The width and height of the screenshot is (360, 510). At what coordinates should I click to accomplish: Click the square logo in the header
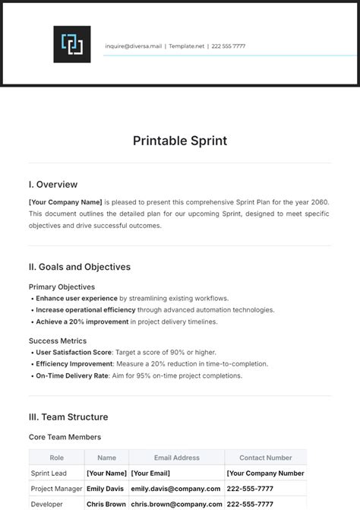click(x=72, y=44)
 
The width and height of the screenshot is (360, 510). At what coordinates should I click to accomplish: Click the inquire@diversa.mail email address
click(x=134, y=46)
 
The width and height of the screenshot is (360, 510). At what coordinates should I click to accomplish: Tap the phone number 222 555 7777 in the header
click(x=229, y=46)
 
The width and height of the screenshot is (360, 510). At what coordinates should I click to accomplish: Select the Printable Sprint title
click(x=180, y=141)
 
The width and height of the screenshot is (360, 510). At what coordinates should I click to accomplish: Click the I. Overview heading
click(x=52, y=185)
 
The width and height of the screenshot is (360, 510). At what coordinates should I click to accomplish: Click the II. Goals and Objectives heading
click(x=80, y=268)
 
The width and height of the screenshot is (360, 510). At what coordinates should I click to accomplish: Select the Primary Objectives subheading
click(x=62, y=287)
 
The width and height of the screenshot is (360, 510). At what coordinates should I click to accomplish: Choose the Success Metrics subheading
click(x=58, y=341)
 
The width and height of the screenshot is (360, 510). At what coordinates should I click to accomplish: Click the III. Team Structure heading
click(x=68, y=417)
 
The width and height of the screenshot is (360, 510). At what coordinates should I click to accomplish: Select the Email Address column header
click(x=176, y=458)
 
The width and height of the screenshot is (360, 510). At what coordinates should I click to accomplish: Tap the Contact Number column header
click(x=265, y=458)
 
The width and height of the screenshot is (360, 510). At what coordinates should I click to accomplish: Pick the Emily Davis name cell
click(x=105, y=489)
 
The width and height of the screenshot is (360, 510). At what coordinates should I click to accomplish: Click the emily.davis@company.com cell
click(x=175, y=489)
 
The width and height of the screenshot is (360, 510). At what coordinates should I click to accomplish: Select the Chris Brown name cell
click(x=106, y=504)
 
